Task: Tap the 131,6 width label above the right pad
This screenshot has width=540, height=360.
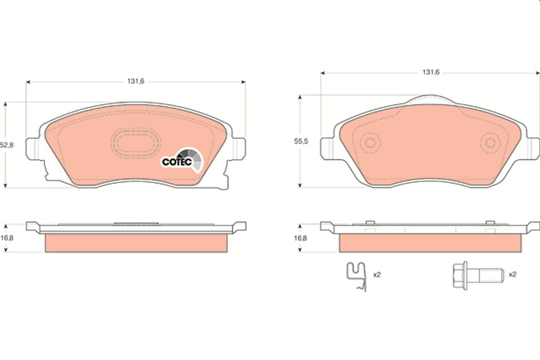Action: [x=430, y=72]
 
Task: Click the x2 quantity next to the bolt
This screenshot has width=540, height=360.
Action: [x=512, y=274]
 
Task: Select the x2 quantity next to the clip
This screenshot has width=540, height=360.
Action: [x=377, y=274]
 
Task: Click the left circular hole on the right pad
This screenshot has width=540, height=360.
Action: [x=370, y=144]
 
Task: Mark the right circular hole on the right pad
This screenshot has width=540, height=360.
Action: [x=490, y=144]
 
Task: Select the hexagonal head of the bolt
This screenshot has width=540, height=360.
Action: [x=459, y=274]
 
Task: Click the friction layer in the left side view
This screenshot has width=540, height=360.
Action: [x=135, y=243]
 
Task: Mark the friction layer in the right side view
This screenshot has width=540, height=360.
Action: [x=430, y=243]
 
